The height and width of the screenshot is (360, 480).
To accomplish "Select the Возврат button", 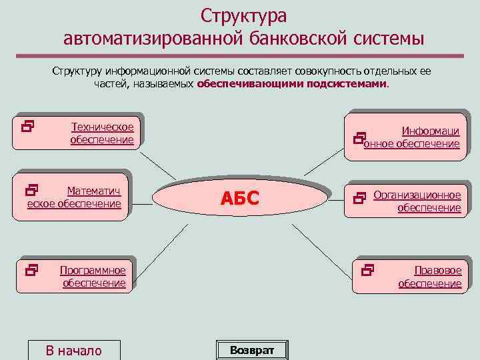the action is click(x=251, y=350).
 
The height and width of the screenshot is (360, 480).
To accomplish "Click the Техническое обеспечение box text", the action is click(x=102, y=133).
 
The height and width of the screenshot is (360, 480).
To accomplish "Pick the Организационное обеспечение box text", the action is click(x=417, y=201).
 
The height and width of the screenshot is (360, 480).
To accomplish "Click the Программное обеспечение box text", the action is click(x=93, y=277).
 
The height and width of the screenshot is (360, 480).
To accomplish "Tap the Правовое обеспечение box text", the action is click(x=430, y=277).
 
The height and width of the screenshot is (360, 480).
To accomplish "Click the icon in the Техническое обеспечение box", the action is click(x=28, y=124).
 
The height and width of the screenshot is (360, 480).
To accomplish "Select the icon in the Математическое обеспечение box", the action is click(x=31, y=191).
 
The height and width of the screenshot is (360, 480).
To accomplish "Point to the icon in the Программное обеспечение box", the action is click(x=31, y=270).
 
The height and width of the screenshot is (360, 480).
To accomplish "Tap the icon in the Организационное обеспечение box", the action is click(x=361, y=197).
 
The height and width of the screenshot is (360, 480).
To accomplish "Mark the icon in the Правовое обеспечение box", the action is click(x=367, y=270).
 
